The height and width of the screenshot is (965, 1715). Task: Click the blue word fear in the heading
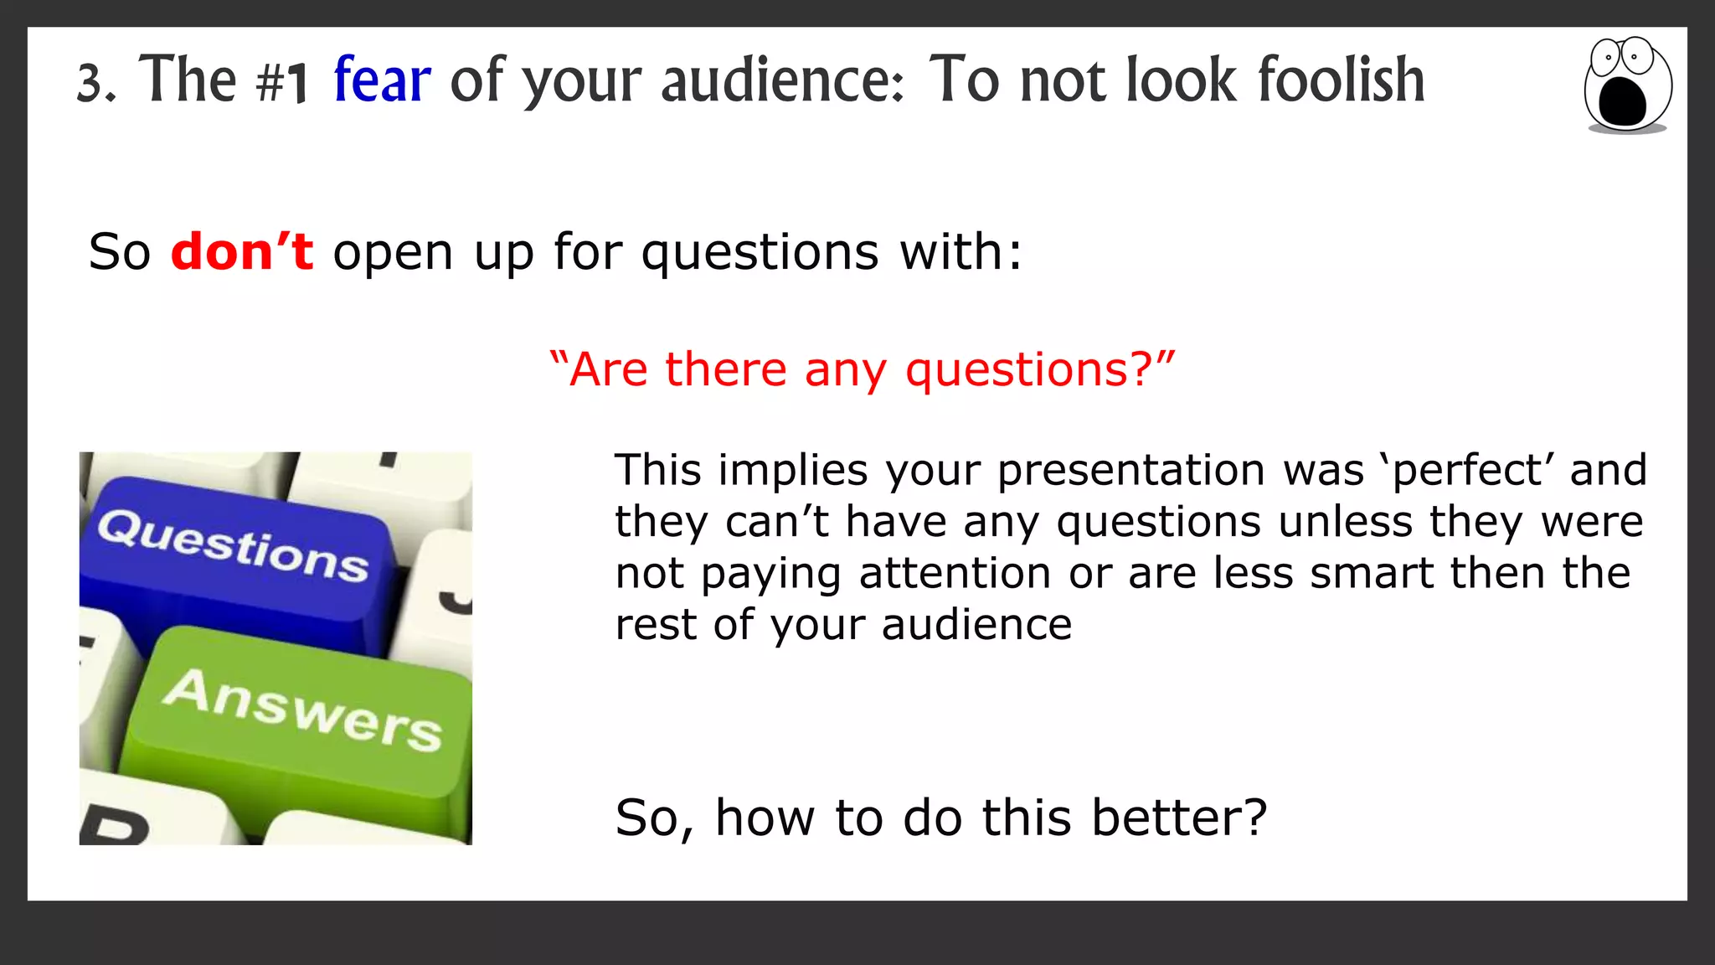tap(382, 80)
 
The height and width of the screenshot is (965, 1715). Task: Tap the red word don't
tap(242, 251)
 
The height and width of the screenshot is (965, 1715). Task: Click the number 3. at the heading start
tap(95, 84)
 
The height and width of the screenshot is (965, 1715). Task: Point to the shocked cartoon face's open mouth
tap(1622, 101)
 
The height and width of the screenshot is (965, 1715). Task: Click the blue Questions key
tap(234, 553)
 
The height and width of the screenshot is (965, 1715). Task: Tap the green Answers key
tap(301, 712)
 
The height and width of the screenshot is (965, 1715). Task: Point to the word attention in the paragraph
tap(955, 574)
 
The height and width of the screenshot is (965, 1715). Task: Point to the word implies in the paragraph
tap(793, 470)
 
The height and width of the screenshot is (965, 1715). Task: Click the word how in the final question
tap(765, 818)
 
